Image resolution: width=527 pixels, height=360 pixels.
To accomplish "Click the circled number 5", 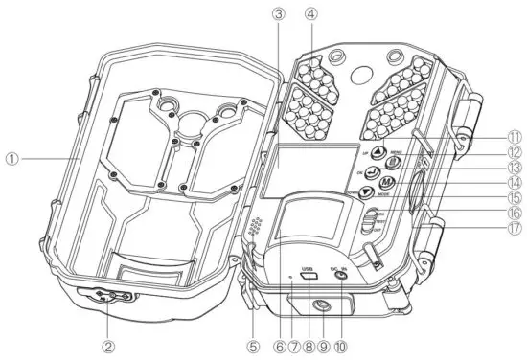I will click(253, 343).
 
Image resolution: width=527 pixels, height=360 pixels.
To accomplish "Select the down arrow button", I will click(367, 191).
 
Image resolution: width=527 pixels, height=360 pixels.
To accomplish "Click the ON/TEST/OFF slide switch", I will click(368, 225).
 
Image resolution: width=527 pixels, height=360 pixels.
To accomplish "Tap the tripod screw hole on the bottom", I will click(317, 305).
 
